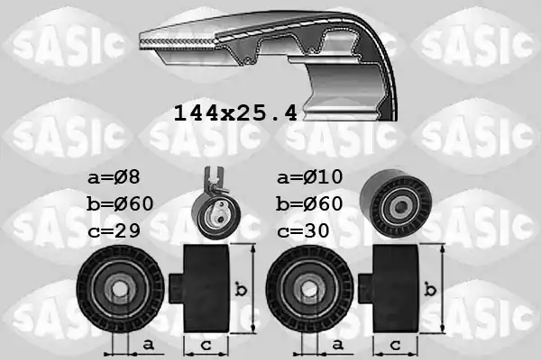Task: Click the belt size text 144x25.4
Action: (234, 114)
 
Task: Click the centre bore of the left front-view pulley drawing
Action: (119, 291)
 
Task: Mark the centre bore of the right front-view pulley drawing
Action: (309, 291)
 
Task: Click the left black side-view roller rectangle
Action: (207, 289)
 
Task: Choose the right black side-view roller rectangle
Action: (397, 289)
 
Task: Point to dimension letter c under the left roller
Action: (206, 346)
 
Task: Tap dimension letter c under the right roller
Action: (396, 346)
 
